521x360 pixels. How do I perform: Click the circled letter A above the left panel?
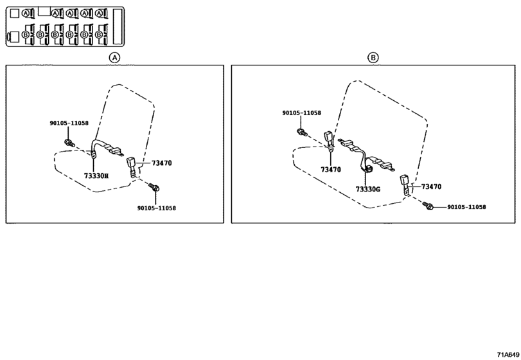(114, 57)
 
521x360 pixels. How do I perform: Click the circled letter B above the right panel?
(373, 57)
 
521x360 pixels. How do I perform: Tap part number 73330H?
(96, 175)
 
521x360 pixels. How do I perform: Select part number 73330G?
(368, 189)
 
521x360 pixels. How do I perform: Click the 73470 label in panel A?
(161, 163)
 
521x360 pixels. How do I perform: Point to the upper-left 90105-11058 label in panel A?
(69, 123)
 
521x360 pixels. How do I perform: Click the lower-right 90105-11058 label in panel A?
(157, 208)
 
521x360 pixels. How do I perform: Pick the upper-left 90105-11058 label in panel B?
(302, 113)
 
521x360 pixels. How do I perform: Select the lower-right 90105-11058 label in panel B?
(466, 207)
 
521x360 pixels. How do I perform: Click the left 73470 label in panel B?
(331, 170)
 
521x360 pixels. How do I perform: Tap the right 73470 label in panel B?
(431, 186)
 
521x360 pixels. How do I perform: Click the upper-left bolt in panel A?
(69, 143)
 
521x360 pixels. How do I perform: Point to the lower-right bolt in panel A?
(154, 187)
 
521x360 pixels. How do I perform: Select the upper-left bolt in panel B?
(301, 132)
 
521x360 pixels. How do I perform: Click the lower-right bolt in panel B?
(428, 206)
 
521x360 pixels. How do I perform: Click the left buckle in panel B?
(329, 141)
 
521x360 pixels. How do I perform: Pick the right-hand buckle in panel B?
(405, 184)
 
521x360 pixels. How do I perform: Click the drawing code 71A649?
(508, 354)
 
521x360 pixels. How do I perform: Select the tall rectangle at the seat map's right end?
(118, 26)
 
